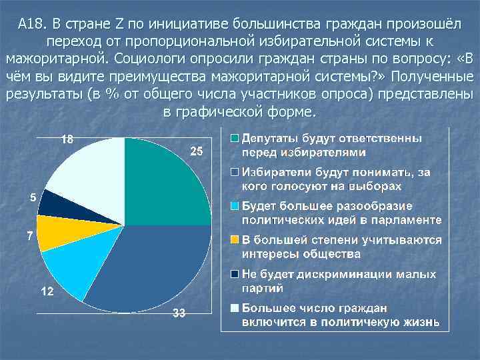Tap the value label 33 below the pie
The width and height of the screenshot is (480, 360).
tap(178, 314)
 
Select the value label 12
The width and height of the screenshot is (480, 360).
tap(48, 292)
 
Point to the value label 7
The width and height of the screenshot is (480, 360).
tap(29, 237)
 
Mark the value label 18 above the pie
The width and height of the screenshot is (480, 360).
tap(67, 140)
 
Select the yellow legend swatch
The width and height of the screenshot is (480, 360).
tap(235, 239)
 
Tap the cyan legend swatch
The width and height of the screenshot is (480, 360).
tap(235, 205)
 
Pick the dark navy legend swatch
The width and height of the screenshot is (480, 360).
tap(235, 274)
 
